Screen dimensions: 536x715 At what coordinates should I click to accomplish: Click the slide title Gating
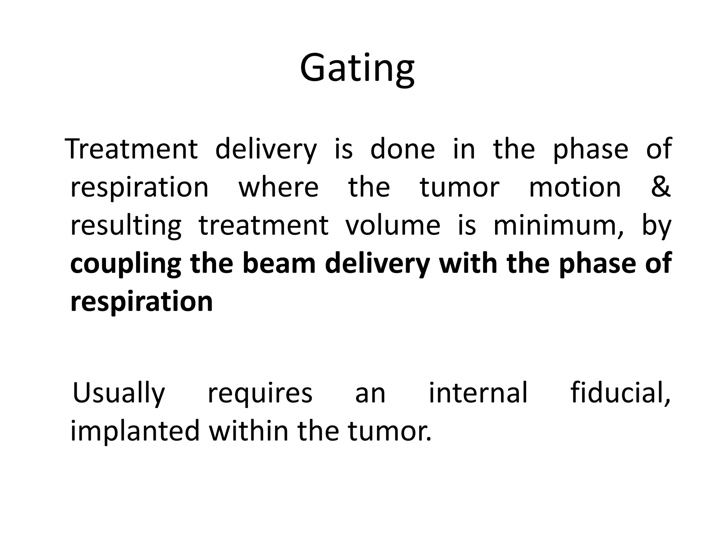tap(357, 68)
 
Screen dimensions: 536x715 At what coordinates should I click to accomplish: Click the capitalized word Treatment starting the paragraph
tap(132, 149)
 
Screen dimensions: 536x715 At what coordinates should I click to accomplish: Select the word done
tap(402, 149)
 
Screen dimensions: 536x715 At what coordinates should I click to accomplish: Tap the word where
tap(278, 187)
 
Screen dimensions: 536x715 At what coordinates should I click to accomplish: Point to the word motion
tap(575, 187)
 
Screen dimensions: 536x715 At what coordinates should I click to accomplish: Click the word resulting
tap(126, 226)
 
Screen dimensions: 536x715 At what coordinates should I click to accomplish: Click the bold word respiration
tap(141, 302)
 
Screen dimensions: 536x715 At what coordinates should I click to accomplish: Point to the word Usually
tap(118, 394)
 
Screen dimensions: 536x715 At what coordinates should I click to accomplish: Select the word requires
tap(260, 394)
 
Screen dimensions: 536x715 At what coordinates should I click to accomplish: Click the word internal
tap(478, 393)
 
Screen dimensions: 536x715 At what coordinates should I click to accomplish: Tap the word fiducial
tap(620, 393)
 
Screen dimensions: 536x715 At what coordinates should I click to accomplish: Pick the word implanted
tap(135, 431)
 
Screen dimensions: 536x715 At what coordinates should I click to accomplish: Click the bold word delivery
tap(377, 264)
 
